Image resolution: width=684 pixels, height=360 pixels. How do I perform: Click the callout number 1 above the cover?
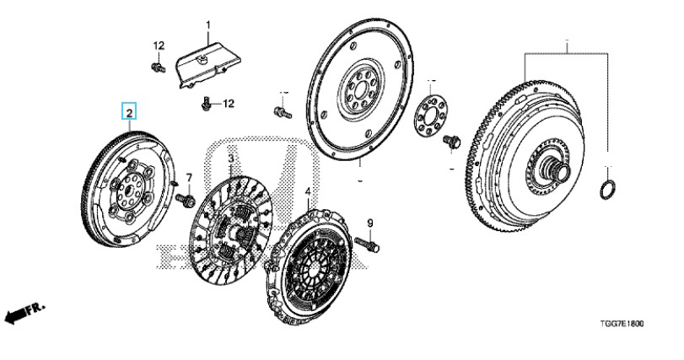pos(208,24)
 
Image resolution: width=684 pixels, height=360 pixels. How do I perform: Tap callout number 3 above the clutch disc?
pos(229,158)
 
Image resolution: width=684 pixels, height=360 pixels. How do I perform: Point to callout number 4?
pos(308,191)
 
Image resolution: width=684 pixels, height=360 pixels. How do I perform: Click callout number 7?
pos(189,178)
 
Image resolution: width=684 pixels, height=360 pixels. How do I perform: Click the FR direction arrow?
pos(23,314)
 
